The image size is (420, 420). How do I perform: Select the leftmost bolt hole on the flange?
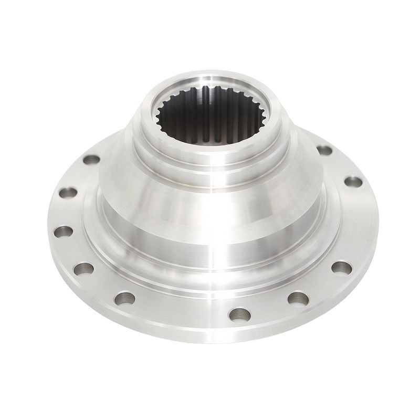[64, 231]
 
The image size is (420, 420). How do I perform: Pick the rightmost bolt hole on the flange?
[353, 182]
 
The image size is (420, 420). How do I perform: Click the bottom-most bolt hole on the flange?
[239, 314]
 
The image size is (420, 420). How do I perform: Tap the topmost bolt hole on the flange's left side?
[92, 159]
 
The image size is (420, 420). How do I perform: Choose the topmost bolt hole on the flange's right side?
[324, 150]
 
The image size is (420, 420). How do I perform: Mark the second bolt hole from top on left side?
[68, 193]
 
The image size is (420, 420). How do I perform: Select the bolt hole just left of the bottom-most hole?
[125, 298]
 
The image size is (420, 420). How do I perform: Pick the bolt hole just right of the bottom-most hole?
[298, 298]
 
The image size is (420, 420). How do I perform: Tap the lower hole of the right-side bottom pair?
[298, 298]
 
